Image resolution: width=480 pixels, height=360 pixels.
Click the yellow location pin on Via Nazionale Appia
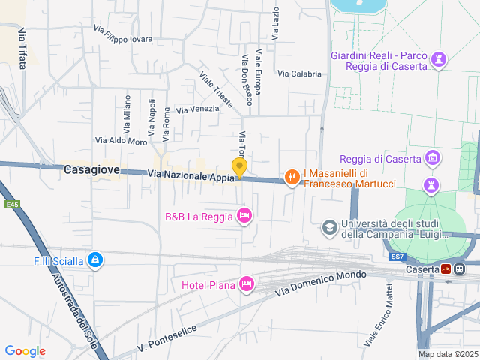pyautogui.click(x=239, y=168)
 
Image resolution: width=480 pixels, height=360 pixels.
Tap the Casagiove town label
pyautogui.click(x=91, y=169)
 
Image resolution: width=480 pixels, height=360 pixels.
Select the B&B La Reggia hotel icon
pyautogui.click(x=244, y=217)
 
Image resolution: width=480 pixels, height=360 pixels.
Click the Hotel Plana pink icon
pyautogui.click(x=245, y=283)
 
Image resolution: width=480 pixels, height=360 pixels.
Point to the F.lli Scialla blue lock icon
pyautogui.click(x=94, y=260)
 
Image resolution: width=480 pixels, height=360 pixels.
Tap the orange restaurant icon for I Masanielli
pyautogui.click(x=291, y=177)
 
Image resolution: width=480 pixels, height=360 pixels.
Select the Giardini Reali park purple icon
pyautogui.click(x=439, y=58)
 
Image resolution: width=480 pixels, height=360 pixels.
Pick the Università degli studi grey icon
pyautogui.click(x=329, y=226)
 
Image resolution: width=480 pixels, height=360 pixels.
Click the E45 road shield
pyautogui.click(x=11, y=205)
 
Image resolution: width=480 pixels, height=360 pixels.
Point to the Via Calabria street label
pyautogui.click(x=299, y=73)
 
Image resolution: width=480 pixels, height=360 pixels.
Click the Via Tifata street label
pyautogui.click(x=22, y=49)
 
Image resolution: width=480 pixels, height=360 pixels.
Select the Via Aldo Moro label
pyautogui.click(x=121, y=141)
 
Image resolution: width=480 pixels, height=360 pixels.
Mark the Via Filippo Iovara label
pyautogui.click(x=123, y=34)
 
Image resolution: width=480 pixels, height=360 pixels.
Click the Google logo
pyautogui.click(x=25, y=350)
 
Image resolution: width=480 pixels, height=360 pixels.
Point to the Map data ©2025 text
pyautogui.click(x=448, y=354)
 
